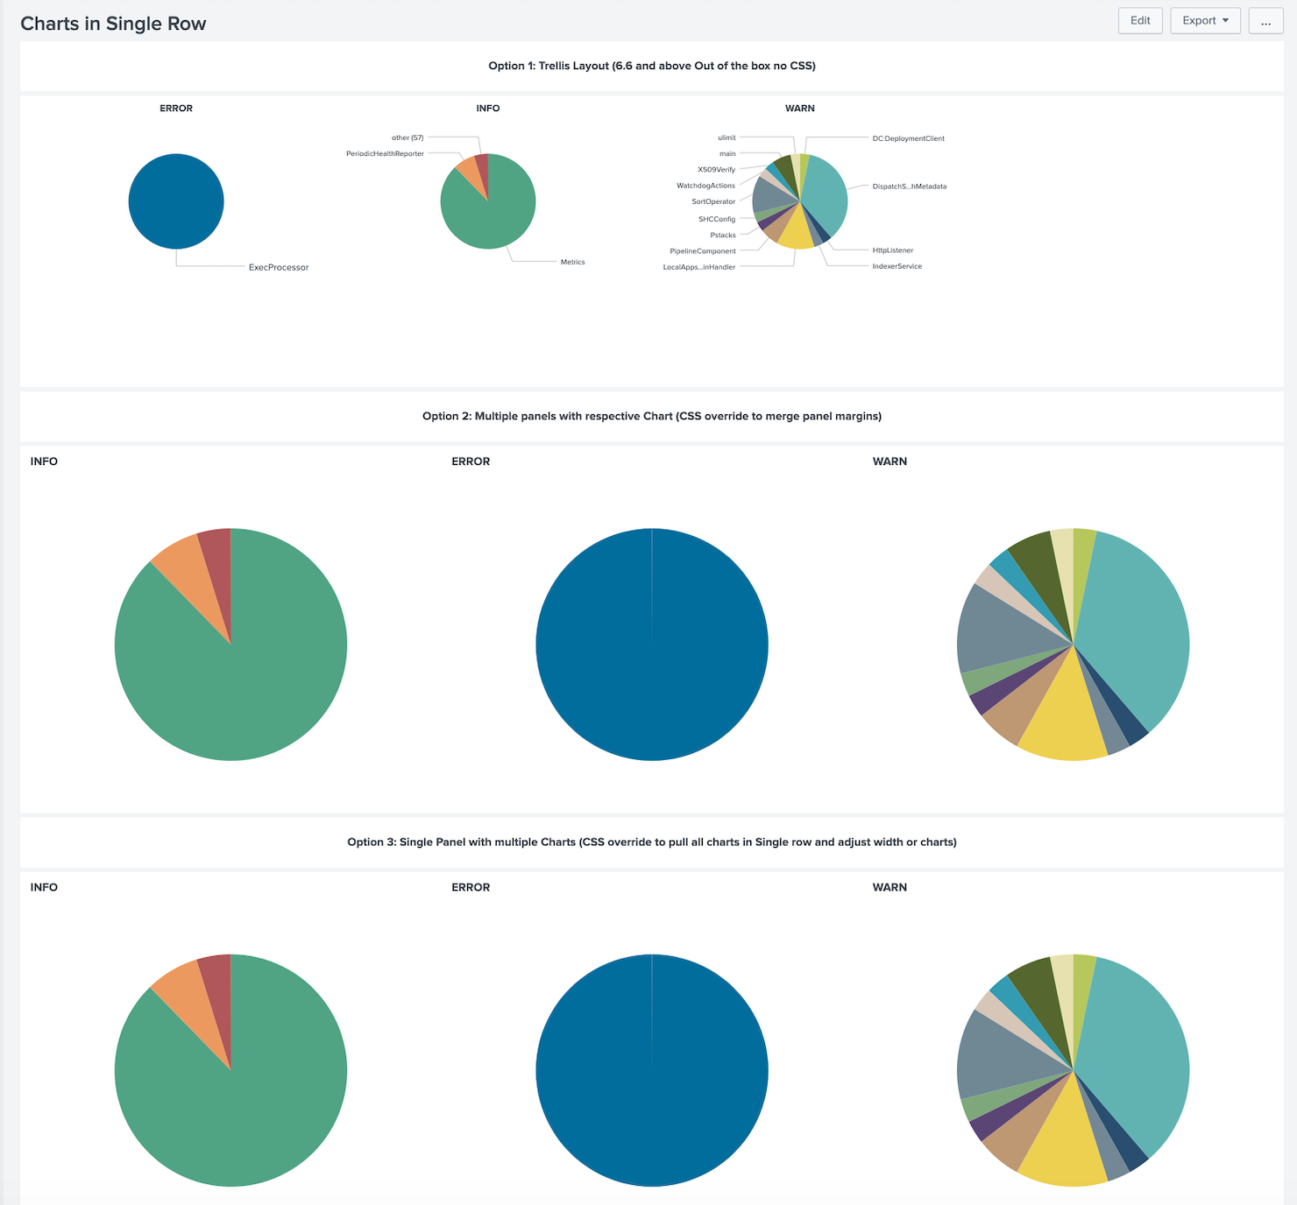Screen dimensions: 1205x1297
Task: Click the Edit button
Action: pyautogui.click(x=1139, y=21)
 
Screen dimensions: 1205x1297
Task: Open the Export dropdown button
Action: pyautogui.click(x=1205, y=21)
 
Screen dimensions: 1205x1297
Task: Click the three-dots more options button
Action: pyautogui.click(x=1265, y=21)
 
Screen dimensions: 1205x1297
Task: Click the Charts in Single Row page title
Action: pyautogui.click(x=113, y=24)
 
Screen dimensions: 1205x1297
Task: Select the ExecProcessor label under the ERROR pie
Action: pyautogui.click(x=278, y=267)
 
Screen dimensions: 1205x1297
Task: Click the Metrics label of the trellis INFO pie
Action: pyautogui.click(x=572, y=262)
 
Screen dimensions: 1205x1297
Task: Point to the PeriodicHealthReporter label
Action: pyautogui.click(x=385, y=154)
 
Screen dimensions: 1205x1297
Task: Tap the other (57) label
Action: pyautogui.click(x=408, y=137)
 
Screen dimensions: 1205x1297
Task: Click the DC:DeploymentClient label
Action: pyautogui.click(x=908, y=138)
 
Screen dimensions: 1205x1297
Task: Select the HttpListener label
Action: pyautogui.click(x=892, y=250)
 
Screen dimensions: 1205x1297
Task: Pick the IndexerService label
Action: pyautogui.click(x=897, y=266)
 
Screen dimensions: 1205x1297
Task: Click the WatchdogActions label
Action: pyautogui.click(x=705, y=186)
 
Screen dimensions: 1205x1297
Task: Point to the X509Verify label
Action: pyautogui.click(x=716, y=170)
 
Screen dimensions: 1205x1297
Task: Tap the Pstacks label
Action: pyautogui.click(x=723, y=236)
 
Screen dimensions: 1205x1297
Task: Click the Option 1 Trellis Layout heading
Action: pyautogui.click(x=651, y=66)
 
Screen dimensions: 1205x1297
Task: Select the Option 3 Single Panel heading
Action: pyautogui.click(x=651, y=842)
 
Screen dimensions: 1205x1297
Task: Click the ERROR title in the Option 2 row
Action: pyautogui.click(x=471, y=462)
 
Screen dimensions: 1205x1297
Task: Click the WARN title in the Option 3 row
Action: pyautogui.click(x=889, y=887)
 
